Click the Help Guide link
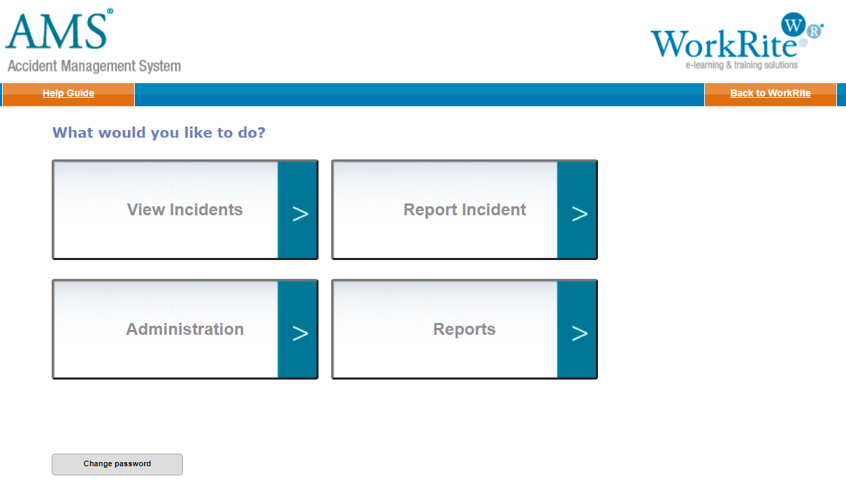(x=68, y=93)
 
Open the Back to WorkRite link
(x=770, y=93)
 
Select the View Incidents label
(x=184, y=210)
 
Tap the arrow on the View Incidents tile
(x=300, y=214)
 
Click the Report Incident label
(x=465, y=210)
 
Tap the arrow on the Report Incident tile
(x=579, y=214)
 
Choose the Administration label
(x=184, y=329)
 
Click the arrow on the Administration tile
(x=300, y=333)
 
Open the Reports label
(x=464, y=329)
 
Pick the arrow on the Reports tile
(x=579, y=333)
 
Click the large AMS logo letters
(x=57, y=31)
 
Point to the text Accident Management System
(x=94, y=66)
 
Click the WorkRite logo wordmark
(x=723, y=44)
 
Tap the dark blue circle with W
(x=793, y=24)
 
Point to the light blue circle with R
(x=815, y=31)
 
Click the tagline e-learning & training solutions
(x=742, y=65)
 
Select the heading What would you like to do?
(x=159, y=133)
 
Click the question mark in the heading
(x=261, y=132)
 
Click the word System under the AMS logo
(x=160, y=66)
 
